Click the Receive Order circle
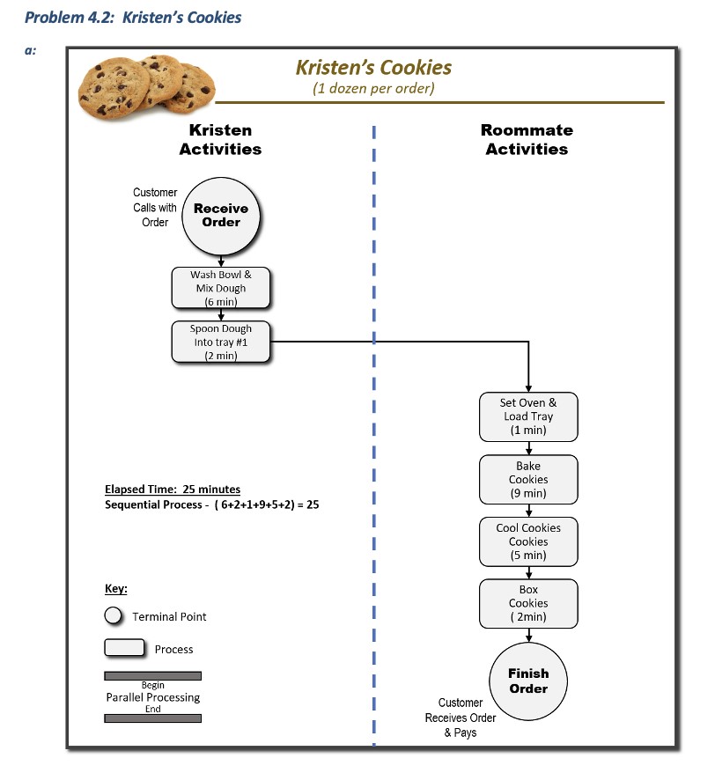221,216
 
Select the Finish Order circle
528,681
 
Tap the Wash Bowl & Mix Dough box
221,288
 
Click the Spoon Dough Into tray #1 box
221,342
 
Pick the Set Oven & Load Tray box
528,416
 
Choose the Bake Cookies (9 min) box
528,479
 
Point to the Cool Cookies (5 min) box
528,541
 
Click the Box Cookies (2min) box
528,603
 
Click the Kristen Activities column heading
220,139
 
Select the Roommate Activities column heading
527,139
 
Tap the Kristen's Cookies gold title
373,68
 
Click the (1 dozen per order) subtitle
373,88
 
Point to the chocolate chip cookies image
145,85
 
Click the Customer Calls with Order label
155,207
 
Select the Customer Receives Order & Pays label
461,718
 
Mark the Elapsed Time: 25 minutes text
173,490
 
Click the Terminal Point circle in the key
113,616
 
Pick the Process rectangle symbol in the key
124,648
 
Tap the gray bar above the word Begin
152,675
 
